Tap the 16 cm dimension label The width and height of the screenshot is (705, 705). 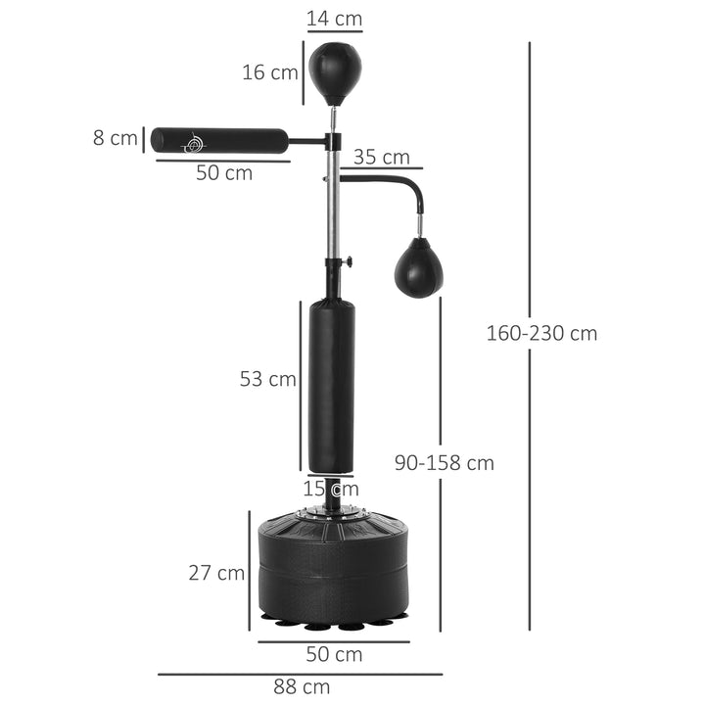click(271, 72)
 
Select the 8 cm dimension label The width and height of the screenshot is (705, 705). click(115, 138)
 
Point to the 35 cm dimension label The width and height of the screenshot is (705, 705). click(381, 158)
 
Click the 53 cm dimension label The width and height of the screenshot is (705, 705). click(267, 379)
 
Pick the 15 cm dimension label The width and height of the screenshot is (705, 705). click(330, 489)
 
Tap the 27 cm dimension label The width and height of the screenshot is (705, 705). click(216, 573)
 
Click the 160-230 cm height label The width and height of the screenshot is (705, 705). click(541, 333)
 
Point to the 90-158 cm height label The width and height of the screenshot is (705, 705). click(444, 463)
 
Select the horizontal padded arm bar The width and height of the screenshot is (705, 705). click(219, 140)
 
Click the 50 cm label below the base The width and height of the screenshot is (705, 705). click(335, 654)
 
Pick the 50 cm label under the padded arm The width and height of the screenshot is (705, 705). click(223, 173)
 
